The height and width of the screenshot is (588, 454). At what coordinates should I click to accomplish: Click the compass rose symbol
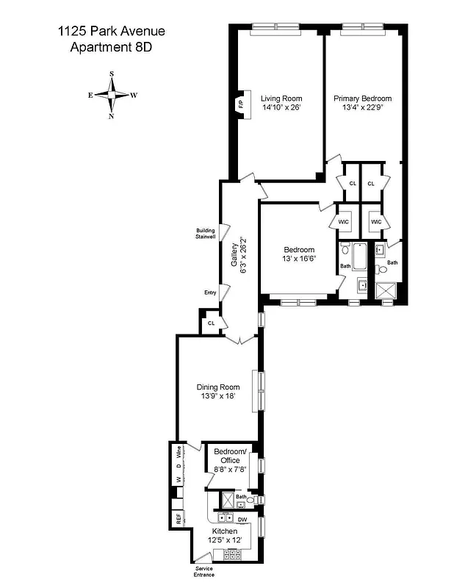click(x=112, y=95)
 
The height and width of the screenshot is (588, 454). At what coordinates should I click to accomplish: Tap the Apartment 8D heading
click(x=112, y=48)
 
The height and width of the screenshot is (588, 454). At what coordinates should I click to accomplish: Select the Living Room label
click(x=281, y=98)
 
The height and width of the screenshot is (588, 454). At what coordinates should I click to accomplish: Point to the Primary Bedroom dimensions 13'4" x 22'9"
click(x=362, y=107)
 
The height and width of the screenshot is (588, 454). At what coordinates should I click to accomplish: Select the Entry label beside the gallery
click(x=210, y=293)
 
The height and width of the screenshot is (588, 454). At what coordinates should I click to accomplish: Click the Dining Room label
click(x=217, y=387)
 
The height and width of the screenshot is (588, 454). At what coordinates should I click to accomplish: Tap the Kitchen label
click(x=225, y=531)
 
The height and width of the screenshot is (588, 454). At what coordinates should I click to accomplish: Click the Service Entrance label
click(x=204, y=572)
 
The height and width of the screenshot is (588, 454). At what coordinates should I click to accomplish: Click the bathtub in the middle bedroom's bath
click(x=360, y=258)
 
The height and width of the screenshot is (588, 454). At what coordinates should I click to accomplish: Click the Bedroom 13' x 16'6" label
click(x=299, y=254)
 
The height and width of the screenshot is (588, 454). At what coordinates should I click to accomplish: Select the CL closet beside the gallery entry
click(x=212, y=323)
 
